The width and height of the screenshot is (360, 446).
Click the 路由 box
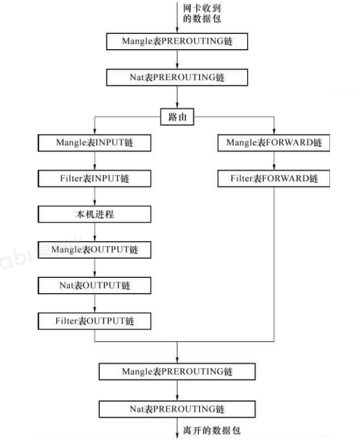point(177,117)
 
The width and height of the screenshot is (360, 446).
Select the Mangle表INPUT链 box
point(94,142)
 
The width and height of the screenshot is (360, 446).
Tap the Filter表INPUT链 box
point(94,179)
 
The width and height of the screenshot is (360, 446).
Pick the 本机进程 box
point(94,214)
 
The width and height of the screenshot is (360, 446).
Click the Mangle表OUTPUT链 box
point(94,249)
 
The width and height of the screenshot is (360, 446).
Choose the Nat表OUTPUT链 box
point(94,286)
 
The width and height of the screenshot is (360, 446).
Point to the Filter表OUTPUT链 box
point(94,321)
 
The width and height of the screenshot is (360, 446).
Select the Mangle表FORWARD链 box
point(274,142)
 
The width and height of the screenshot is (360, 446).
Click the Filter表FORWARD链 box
point(274,179)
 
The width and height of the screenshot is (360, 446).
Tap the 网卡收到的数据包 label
point(202,13)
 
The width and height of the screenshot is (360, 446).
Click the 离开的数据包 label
point(212,430)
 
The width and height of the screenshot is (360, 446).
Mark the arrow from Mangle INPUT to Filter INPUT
point(94,160)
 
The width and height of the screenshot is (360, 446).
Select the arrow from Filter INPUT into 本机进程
point(94,197)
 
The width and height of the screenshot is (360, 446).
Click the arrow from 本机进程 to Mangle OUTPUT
point(94,232)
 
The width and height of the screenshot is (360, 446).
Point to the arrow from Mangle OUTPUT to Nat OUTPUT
point(94,267)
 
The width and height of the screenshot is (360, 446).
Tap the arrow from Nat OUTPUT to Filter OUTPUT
point(94,303)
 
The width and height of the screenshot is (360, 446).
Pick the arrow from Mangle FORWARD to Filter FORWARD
point(274,160)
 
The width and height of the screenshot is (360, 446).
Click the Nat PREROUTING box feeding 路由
point(177,78)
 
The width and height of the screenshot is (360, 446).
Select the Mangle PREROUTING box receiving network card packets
point(177,41)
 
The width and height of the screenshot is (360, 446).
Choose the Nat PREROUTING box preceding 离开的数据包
point(177,409)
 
